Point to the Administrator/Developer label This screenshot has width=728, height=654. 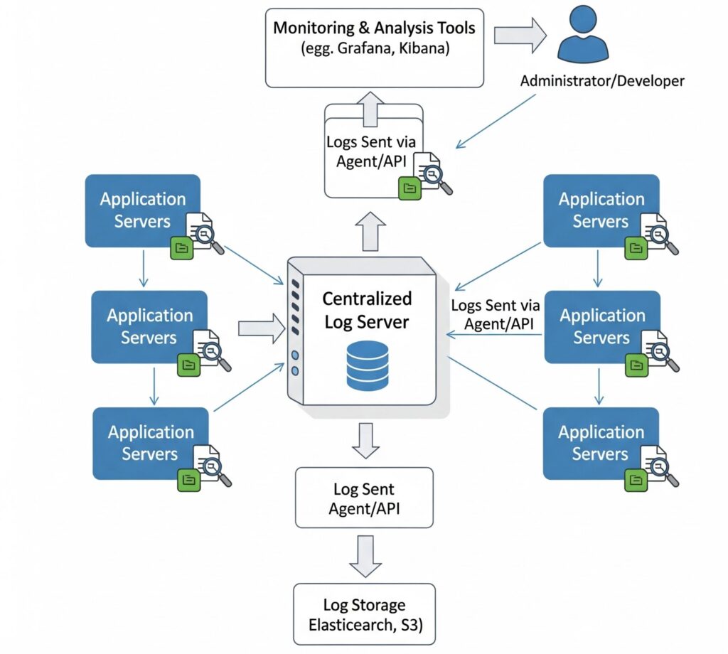point(601,81)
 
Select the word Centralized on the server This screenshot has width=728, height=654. point(367,299)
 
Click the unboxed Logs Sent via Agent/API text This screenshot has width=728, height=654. point(496,314)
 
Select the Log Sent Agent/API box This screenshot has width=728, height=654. point(363,498)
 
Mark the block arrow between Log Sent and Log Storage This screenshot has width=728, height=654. point(363,554)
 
